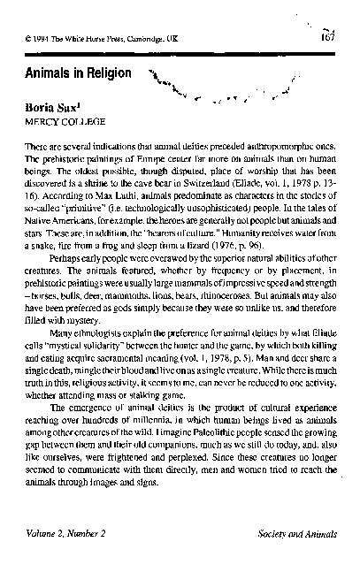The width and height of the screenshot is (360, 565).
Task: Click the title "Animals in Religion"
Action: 79,73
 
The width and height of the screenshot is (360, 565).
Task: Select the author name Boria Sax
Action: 58,105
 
